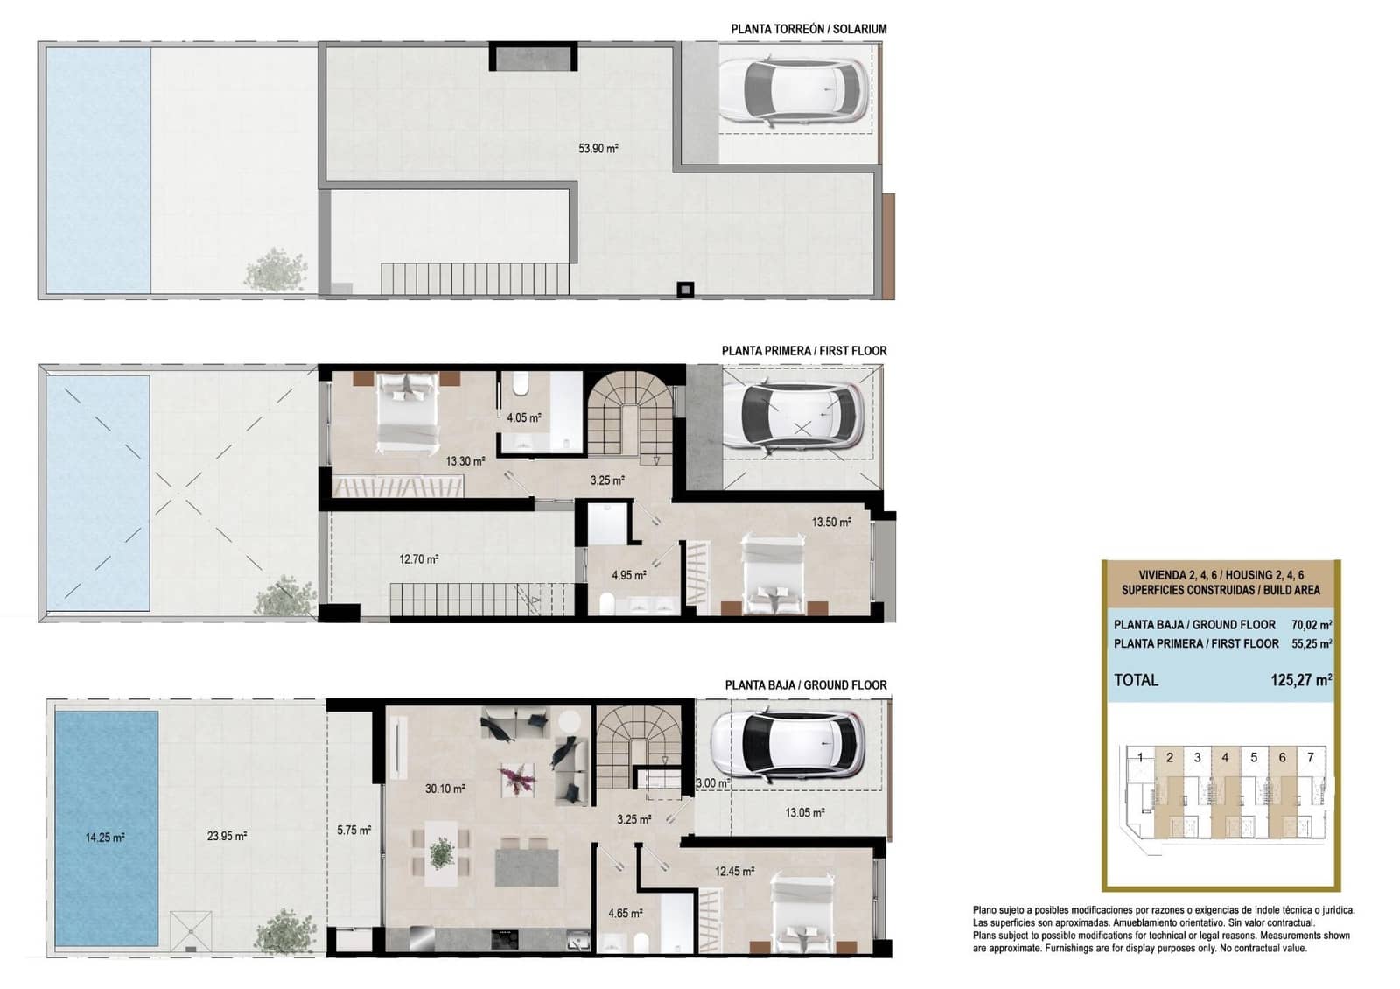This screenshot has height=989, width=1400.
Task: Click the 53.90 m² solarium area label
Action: (x=598, y=149)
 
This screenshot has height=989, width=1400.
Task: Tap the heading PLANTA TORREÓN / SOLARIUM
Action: (x=808, y=29)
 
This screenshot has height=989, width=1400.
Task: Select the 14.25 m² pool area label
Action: (x=105, y=838)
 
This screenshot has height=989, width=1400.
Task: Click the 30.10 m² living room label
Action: (x=444, y=789)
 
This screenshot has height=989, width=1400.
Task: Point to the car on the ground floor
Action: (x=787, y=746)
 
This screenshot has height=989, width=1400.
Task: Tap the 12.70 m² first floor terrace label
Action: (x=418, y=558)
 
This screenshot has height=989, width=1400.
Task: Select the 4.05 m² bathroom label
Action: (x=523, y=417)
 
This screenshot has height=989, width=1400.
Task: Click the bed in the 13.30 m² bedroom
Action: (x=407, y=411)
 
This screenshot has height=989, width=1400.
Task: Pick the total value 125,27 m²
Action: (x=1300, y=680)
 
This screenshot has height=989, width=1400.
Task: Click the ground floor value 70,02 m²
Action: (x=1311, y=625)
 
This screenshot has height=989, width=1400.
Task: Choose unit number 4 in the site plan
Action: (x=1225, y=758)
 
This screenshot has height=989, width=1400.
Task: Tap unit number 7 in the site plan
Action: (x=1310, y=758)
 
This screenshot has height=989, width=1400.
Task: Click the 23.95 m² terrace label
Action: (x=227, y=836)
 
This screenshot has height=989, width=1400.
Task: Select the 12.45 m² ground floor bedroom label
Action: (x=734, y=871)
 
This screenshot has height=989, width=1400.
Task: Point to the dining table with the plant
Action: (x=442, y=852)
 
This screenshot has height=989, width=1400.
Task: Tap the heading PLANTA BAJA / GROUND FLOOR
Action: (x=805, y=685)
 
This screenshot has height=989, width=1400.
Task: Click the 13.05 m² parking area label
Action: (x=803, y=812)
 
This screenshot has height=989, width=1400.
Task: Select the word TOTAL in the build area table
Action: (x=1136, y=680)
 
